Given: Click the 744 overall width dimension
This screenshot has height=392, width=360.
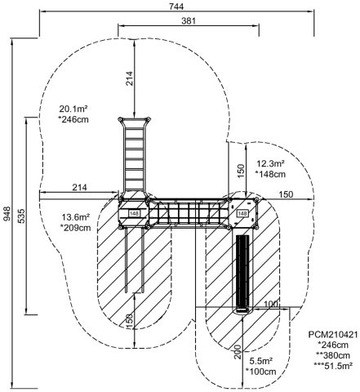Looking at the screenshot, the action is coord(176,7).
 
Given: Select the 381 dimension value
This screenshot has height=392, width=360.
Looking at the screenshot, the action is coord(189,20).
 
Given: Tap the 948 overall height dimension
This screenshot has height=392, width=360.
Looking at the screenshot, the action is coord(7,214).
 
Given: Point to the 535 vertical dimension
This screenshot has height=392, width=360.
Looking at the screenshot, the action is coord(21,216).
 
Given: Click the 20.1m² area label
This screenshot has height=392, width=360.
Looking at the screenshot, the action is coord(73,109).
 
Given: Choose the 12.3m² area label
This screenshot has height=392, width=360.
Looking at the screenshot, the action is coord(270,163).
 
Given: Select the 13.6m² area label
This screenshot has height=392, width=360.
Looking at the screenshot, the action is coord(76,217).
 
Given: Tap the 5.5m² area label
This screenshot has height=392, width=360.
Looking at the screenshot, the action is coord(261,361).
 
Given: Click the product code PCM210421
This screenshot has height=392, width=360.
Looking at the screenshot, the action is coord(333,334).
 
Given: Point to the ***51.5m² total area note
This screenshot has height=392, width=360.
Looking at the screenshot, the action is coord(333,366).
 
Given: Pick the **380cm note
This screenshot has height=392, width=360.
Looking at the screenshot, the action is coord(333,355).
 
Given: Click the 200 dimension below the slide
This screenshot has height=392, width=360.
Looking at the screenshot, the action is coord(238,352).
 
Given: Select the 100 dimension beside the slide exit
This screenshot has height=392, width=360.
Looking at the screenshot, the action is coord(271,304).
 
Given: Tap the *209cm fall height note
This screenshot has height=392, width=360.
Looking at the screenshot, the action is coord(76,228).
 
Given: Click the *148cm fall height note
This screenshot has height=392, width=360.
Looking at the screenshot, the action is coord(270,174).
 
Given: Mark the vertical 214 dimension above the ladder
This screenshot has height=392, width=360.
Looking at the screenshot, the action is coord(130,78).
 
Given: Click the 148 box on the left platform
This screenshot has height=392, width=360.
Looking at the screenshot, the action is coord(134,214).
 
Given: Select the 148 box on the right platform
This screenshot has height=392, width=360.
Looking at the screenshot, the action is coord(242,213).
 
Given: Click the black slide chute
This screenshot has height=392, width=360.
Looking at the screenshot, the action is coord(242,274).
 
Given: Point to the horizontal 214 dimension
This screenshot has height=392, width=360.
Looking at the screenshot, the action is coord(79,187).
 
